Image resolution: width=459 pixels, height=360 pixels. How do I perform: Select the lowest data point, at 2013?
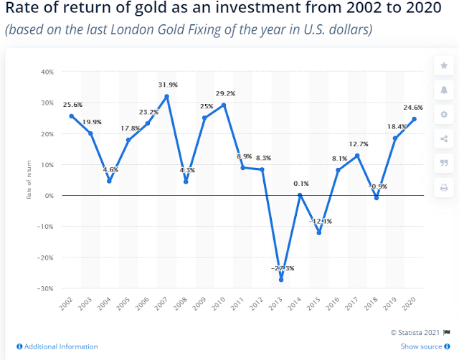281,280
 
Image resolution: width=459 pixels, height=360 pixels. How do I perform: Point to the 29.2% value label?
224,93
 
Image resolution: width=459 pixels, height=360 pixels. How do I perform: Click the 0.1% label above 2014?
301,184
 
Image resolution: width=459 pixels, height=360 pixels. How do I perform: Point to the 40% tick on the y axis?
46,72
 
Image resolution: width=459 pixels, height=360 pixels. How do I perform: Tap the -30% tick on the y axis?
45,288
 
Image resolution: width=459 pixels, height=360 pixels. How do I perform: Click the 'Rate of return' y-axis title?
29,180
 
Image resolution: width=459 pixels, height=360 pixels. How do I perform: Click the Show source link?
423,346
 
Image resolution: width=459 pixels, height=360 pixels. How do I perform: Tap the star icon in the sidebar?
443,66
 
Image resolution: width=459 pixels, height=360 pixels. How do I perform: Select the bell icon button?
443,90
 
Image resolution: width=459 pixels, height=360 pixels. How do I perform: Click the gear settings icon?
443,115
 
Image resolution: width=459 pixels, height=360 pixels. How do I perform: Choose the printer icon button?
443,188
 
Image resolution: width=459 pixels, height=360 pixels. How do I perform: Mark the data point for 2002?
72,115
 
